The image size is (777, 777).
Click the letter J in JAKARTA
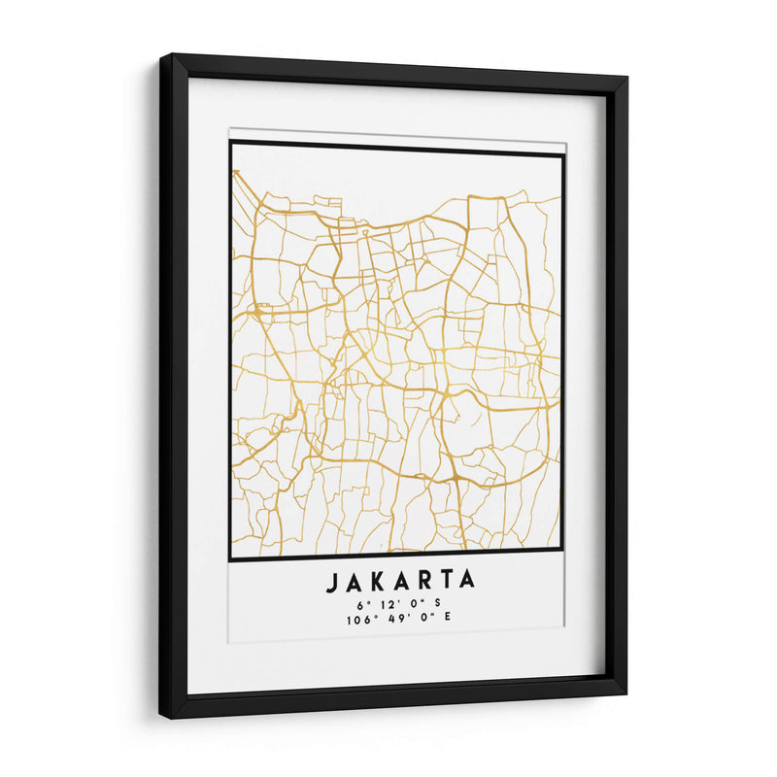pos(331,581)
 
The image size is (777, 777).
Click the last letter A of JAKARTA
pos(467,581)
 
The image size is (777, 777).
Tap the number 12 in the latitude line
pos(388,605)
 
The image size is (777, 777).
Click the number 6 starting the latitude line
pos(358,605)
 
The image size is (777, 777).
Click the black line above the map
pos(396,149)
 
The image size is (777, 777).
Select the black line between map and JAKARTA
pos(396,555)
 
